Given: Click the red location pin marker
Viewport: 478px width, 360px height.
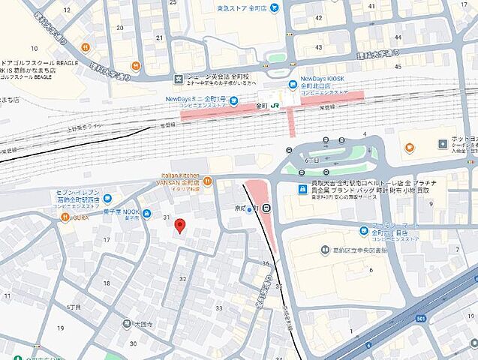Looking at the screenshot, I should tap(179, 226).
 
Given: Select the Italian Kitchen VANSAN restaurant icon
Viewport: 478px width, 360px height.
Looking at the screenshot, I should tap(207, 181).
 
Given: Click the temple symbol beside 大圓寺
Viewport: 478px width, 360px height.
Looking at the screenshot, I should tap(126, 324).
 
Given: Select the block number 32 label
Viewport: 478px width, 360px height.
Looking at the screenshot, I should tap(183, 278).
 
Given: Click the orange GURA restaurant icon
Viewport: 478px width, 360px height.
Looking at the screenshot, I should tap(65, 217).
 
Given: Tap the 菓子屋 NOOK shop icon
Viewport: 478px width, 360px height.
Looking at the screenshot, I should tap(147, 212).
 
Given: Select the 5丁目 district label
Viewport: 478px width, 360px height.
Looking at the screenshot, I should tap(74, 307).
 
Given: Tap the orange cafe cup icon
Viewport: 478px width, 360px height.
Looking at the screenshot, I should tap(409, 148).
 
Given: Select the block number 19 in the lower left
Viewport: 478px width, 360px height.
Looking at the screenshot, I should tap(60, 328).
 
